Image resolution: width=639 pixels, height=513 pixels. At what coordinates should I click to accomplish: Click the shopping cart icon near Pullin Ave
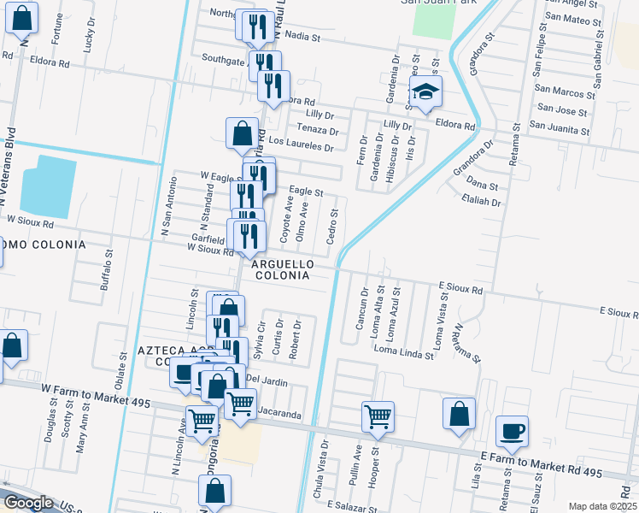(378, 417)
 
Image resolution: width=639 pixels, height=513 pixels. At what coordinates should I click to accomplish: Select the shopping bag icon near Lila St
(459, 413)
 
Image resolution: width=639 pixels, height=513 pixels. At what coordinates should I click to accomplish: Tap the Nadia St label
(302, 38)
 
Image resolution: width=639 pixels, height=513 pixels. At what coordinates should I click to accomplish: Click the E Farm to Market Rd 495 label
(541, 465)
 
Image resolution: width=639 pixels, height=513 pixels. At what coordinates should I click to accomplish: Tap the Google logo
(28, 503)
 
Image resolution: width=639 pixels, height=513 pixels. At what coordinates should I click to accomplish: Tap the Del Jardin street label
(267, 379)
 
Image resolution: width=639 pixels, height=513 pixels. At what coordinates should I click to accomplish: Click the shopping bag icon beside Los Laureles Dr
(242, 134)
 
